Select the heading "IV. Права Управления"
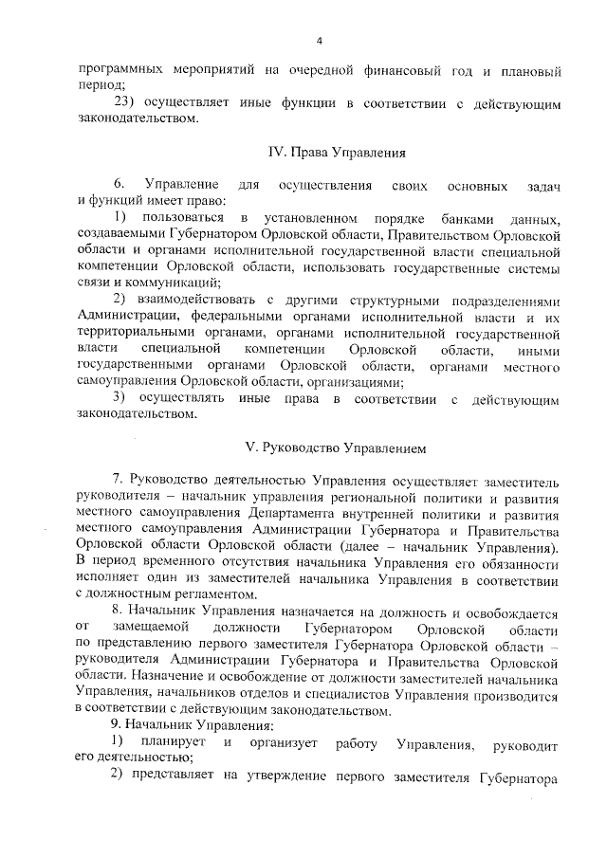pyautogui.click(x=325, y=152)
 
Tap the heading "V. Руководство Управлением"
pyautogui.click(x=325, y=445)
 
